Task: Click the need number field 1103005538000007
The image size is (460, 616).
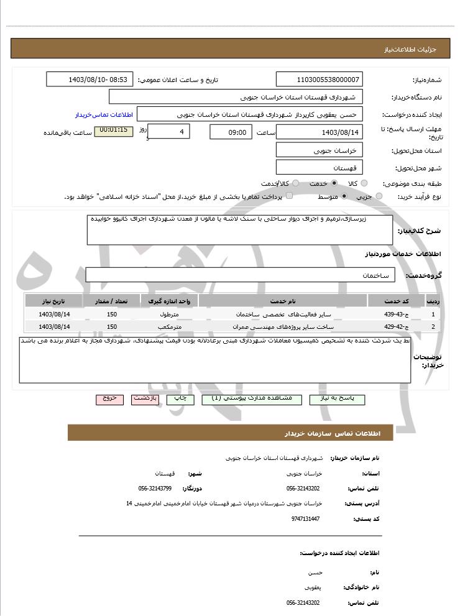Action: click(319, 80)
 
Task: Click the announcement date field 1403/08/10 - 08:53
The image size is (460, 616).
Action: click(90, 80)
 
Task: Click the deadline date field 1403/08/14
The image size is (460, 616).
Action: click(319, 132)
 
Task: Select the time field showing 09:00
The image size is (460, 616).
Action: click(231, 132)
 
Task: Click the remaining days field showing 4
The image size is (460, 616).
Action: click(170, 132)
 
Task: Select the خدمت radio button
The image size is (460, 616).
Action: click(334, 183)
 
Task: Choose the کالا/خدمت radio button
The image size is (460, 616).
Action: click(295, 183)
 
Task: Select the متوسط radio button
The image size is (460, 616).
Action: click(344, 196)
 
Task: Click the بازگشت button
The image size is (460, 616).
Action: click(145, 399)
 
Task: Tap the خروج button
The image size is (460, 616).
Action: click(110, 399)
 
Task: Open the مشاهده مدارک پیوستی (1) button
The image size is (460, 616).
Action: click(251, 399)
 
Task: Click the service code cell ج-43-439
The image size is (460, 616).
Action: click(395, 315)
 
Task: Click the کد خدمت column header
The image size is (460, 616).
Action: click(396, 301)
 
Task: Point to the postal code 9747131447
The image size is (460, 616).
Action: click(305, 518)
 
